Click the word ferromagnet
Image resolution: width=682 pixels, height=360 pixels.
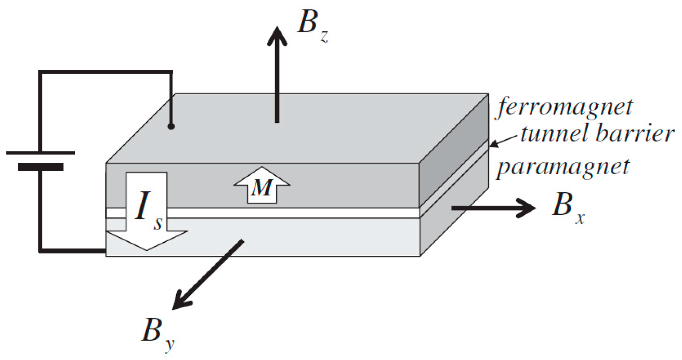(x=565, y=107)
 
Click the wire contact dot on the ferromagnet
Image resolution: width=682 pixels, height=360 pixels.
(x=171, y=127)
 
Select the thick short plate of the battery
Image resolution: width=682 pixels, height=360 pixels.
(x=40, y=167)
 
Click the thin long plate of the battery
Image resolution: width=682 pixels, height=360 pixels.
(x=40, y=153)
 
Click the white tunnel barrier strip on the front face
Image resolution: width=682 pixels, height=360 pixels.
(x=277, y=213)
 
